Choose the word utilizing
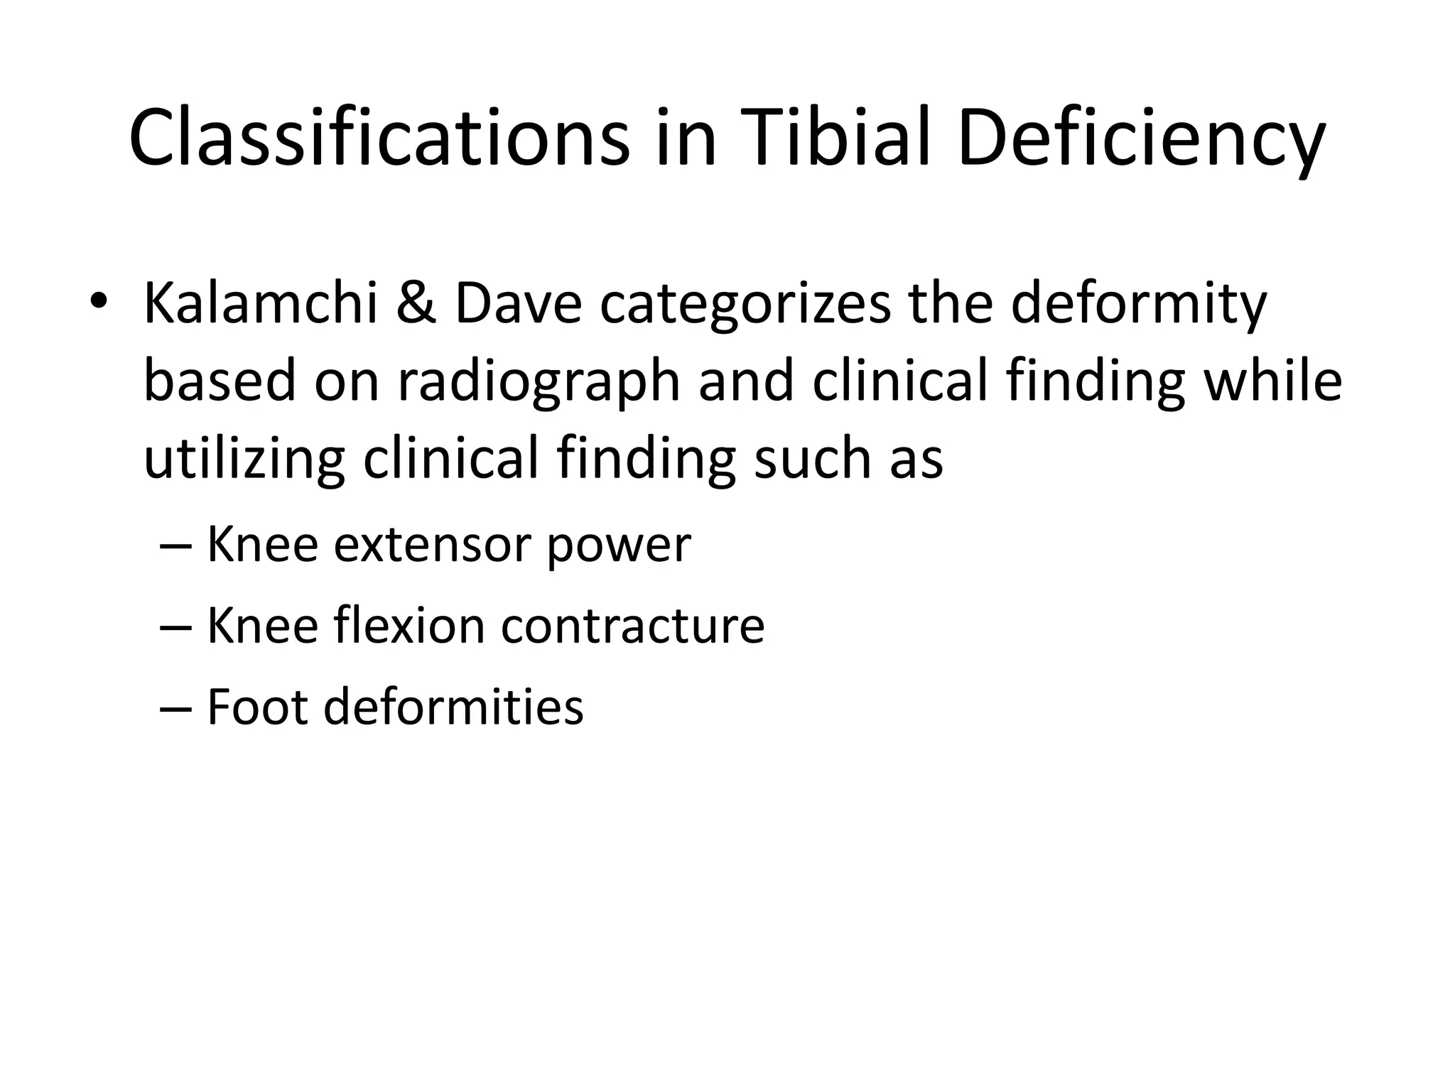click(244, 458)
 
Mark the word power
click(618, 545)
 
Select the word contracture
click(632, 626)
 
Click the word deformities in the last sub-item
click(453, 707)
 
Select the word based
click(219, 381)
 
